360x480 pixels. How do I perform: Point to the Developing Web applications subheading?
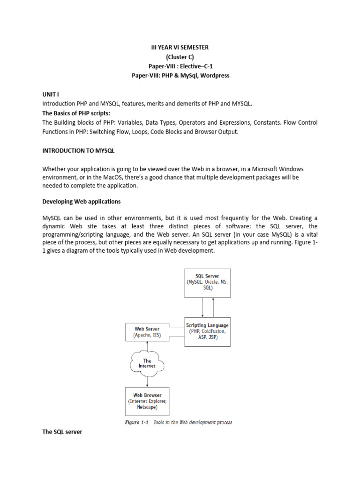click(x=82, y=202)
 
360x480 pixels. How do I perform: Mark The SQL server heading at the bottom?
click(x=62, y=432)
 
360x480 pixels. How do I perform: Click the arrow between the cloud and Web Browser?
click(x=148, y=381)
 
